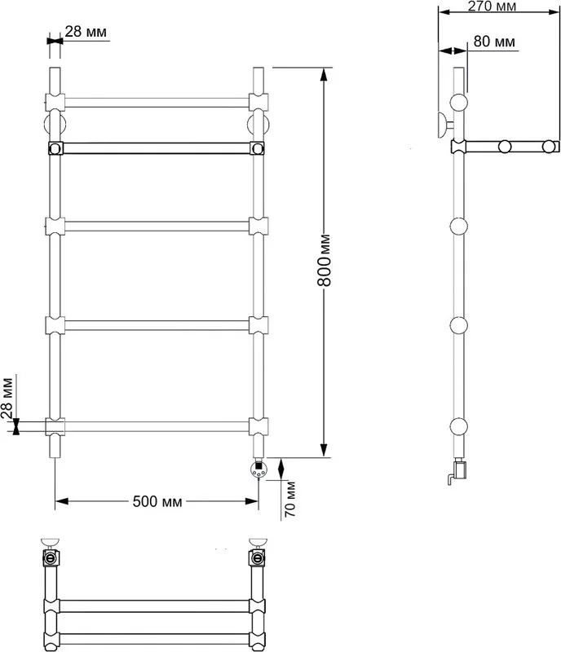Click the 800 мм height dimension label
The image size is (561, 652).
click(x=325, y=260)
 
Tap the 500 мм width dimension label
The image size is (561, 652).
click(x=157, y=501)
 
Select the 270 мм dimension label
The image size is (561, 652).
click(x=492, y=7)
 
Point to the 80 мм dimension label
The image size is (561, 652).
click(x=494, y=42)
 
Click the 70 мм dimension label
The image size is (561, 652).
click(x=290, y=499)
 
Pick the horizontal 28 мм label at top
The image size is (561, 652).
click(x=86, y=32)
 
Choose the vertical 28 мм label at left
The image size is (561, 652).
click(x=7, y=397)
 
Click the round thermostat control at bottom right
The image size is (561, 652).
click(x=258, y=469)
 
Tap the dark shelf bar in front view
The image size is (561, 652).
click(x=157, y=148)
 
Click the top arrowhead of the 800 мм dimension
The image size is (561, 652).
click(x=325, y=74)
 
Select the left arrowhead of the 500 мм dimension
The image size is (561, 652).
click(x=62, y=501)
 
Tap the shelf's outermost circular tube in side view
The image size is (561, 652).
click(x=550, y=147)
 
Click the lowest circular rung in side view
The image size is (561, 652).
click(x=458, y=426)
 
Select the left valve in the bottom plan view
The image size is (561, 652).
click(x=51, y=558)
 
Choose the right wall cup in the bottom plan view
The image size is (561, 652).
click(x=258, y=542)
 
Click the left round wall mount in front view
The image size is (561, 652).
click(x=55, y=124)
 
